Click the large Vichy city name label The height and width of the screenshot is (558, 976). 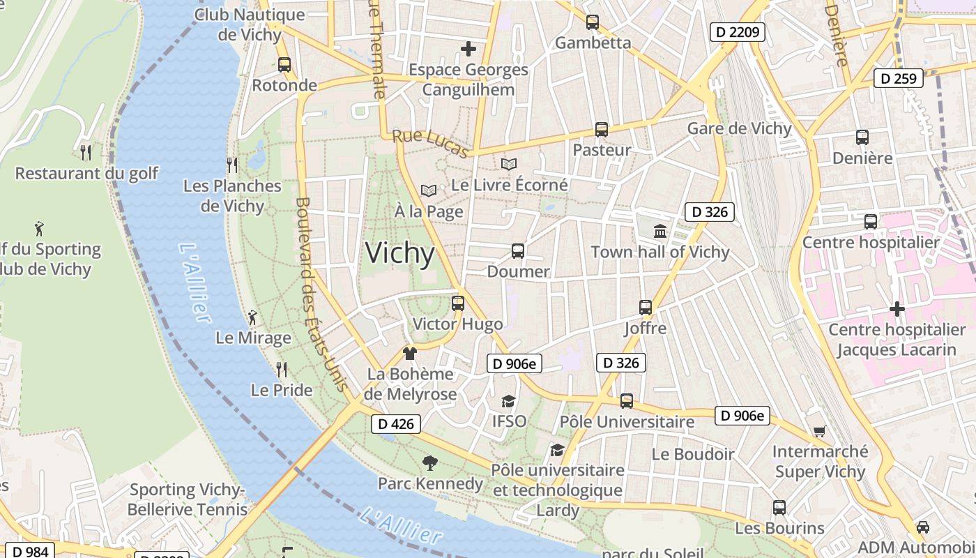click(x=400, y=252)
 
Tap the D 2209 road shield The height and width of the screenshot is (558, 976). click(x=738, y=31)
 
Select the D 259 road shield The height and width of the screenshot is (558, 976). click(x=898, y=78)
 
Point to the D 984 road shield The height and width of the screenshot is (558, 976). click(x=30, y=552)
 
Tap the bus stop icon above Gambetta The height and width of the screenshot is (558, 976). click(x=592, y=22)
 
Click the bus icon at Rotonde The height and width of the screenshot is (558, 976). click(x=284, y=65)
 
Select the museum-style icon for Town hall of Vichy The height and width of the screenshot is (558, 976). click(x=659, y=231)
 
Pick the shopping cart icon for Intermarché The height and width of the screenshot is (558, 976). click(x=819, y=432)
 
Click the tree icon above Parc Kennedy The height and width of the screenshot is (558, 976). click(x=430, y=462)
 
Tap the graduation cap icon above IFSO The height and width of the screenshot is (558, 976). click(x=508, y=402)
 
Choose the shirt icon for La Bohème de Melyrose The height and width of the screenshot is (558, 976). click(x=410, y=354)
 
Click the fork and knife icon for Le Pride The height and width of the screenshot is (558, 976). click(x=282, y=369)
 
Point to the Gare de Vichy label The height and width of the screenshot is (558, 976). click(x=739, y=128)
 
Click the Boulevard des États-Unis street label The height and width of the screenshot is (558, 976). click(x=321, y=293)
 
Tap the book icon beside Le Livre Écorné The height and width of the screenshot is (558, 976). click(x=509, y=165)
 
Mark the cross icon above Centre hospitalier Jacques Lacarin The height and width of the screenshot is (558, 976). click(x=897, y=308)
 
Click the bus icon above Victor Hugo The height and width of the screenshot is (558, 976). click(x=457, y=303)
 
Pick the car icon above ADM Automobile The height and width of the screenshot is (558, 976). click(x=923, y=527)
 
